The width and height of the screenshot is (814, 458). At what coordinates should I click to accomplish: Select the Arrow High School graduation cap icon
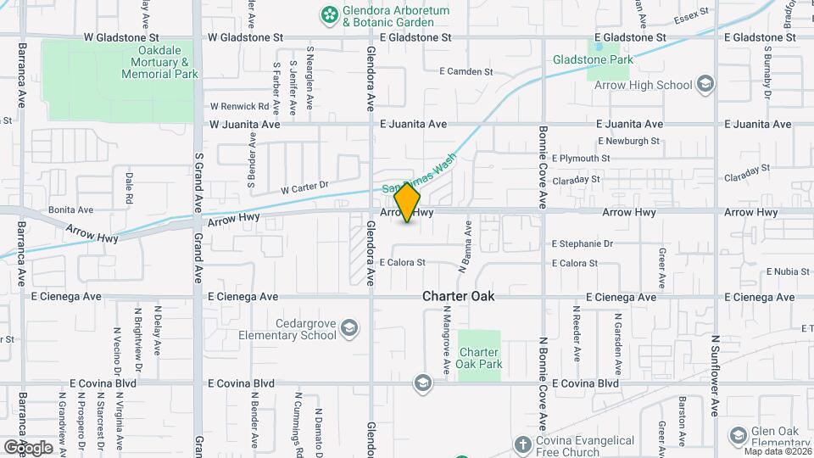pyautogui.click(x=705, y=85)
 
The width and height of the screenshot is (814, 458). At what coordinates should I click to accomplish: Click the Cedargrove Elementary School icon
pyautogui.click(x=348, y=328)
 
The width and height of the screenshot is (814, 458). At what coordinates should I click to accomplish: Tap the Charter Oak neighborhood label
pyautogui.click(x=459, y=297)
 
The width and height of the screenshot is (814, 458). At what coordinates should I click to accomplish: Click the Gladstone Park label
pyautogui.click(x=593, y=60)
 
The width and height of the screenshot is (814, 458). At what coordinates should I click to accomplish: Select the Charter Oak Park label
pyautogui.click(x=480, y=358)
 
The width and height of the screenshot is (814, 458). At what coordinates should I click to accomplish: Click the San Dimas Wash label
pyautogui.click(x=420, y=176)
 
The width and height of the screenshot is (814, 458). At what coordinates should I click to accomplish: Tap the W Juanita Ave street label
pyautogui.click(x=245, y=124)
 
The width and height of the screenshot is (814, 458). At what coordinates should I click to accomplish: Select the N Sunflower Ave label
pyautogui.click(x=715, y=374)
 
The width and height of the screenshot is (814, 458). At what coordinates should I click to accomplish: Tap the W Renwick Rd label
pyautogui.click(x=239, y=107)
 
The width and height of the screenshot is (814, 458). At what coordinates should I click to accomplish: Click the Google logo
pyautogui.click(x=28, y=448)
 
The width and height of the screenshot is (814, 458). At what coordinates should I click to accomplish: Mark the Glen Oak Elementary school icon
pyautogui.click(x=737, y=437)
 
